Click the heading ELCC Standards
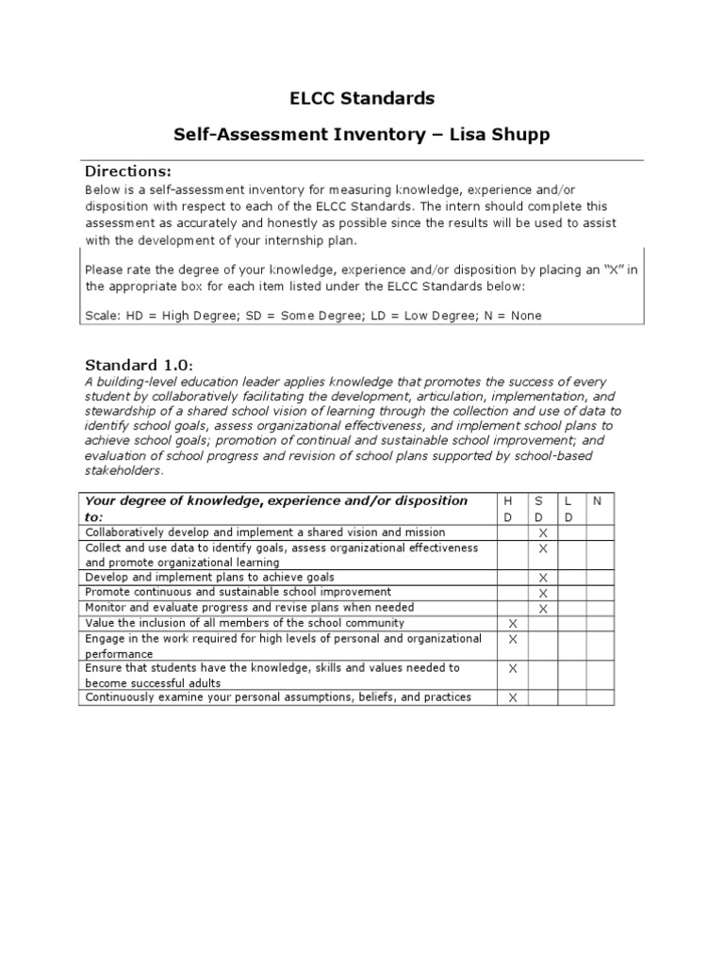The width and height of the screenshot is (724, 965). pyautogui.click(x=361, y=98)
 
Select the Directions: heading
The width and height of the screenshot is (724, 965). pyautogui.click(x=128, y=171)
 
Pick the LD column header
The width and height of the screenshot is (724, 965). pyautogui.click(x=569, y=508)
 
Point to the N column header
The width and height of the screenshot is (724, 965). pyautogui.click(x=596, y=500)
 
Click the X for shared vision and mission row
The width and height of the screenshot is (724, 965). pyautogui.click(x=542, y=533)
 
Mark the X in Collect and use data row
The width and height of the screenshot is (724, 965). pyautogui.click(x=542, y=548)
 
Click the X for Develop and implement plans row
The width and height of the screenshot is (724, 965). pyautogui.click(x=542, y=578)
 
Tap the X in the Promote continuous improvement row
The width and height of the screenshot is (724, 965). pyautogui.click(x=542, y=594)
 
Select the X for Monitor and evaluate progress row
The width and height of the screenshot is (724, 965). pyautogui.click(x=542, y=609)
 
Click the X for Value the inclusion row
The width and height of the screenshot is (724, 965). pyautogui.click(x=513, y=624)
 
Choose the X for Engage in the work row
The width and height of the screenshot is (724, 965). pyautogui.click(x=513, y=639)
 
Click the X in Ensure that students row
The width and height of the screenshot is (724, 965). pyautogui.click(x=513, y=668)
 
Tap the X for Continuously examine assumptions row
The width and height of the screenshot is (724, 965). pyautogui.click(x=513, y=698)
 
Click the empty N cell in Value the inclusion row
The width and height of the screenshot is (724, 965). pyautogui.click(x=600, y=624)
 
